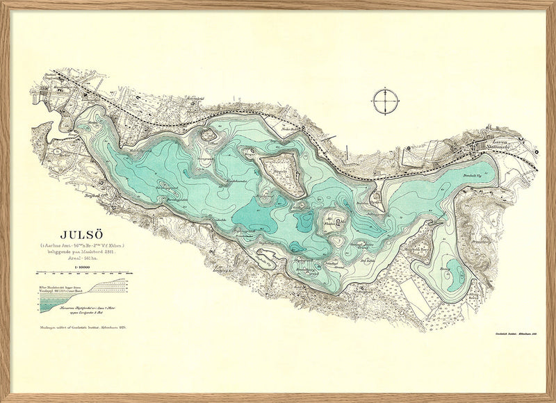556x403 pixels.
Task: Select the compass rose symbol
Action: pos(384,101)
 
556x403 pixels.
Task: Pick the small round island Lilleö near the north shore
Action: pos(206,135)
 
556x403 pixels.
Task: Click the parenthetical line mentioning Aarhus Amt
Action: pos(76,245)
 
